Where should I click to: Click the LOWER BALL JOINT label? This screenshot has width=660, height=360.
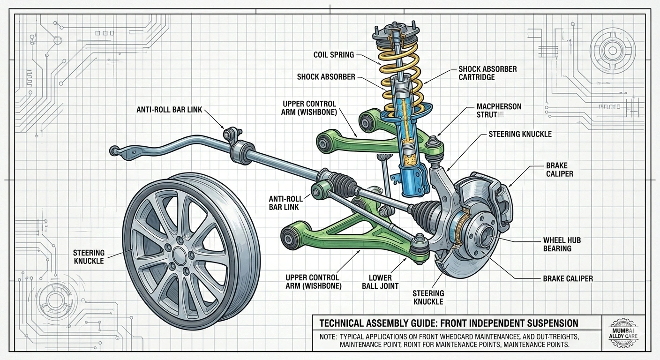(x=383, y=281)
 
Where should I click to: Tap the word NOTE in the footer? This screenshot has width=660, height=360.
(x=324, y=337)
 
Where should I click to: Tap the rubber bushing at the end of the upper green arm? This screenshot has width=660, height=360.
(x=324, y=140)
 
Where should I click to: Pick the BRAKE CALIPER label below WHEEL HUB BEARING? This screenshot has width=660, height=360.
(x=568, y=278)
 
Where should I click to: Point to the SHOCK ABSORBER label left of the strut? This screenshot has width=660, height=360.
(x=326, y=76)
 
